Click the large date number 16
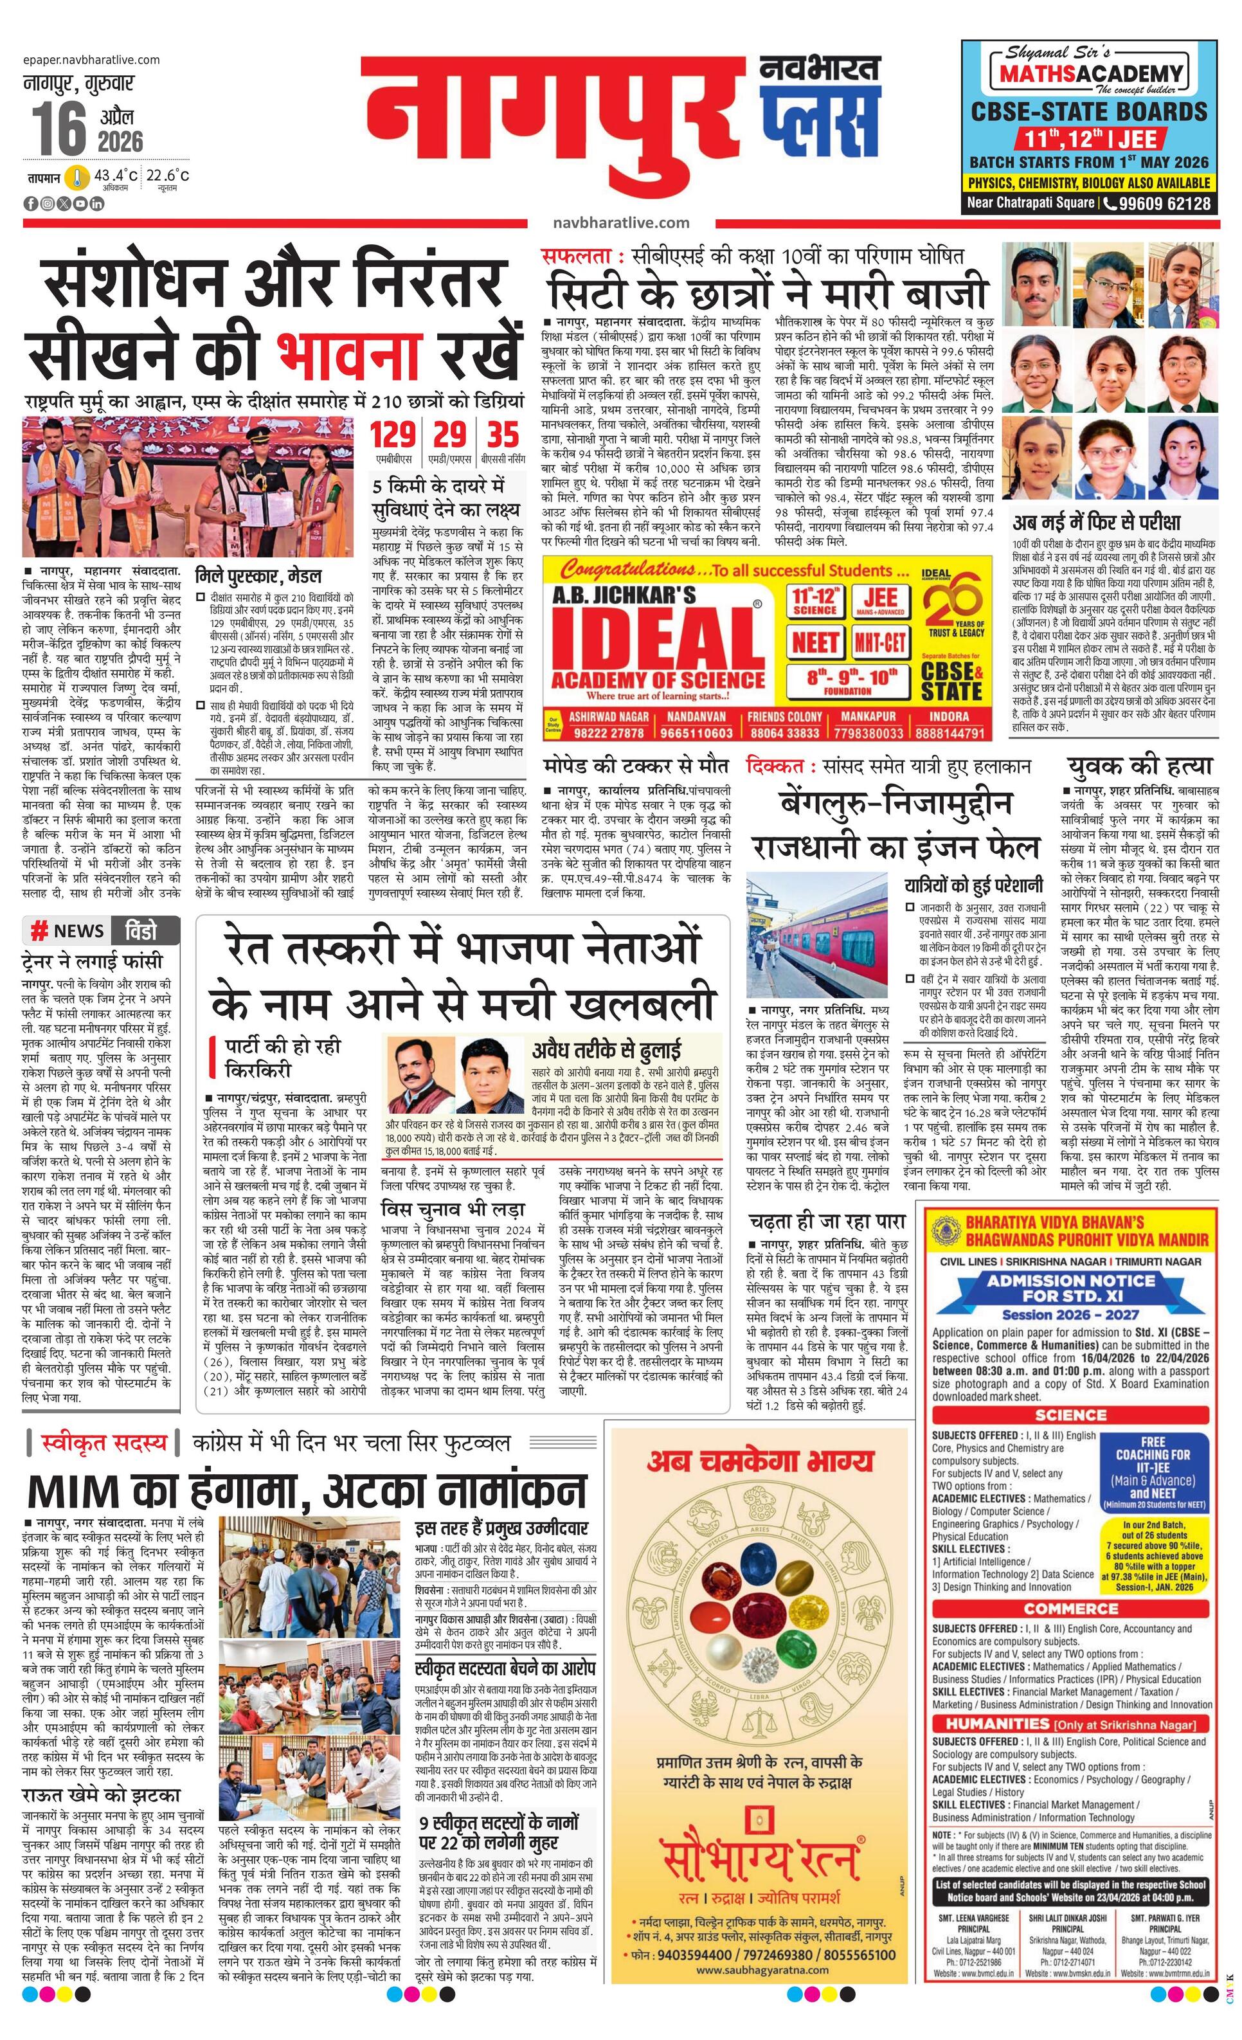click(60, 129)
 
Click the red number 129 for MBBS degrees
click(393, 435)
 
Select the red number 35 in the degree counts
click(503, 435)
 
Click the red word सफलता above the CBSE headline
click(576, 256)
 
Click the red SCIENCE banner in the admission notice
click(1070, 1415)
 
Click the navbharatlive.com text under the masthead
click(620, 222)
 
